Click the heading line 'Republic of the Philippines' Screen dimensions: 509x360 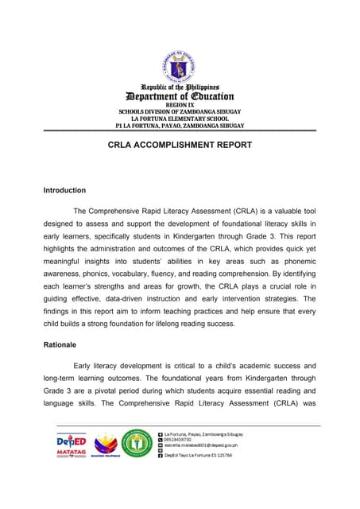click(180, 86)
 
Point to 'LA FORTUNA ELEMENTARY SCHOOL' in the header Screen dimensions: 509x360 click(180, 119)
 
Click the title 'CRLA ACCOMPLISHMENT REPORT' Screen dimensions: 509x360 click(180, 145)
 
